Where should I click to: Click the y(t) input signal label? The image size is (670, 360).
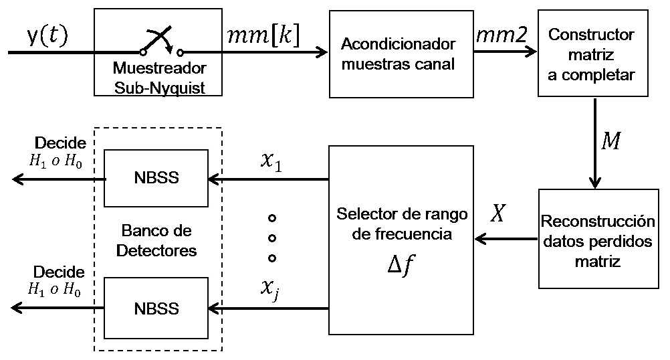pyautogui.click(x=47, y=36)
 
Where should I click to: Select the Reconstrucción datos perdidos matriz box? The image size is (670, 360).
pyautogui.click(x=597, y=239)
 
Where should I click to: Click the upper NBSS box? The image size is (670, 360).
pyautogui.click(x=156, y=179)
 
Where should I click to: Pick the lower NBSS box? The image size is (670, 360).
pyautogui.click(x=156, y=309)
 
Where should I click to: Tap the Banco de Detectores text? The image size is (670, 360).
pyautogui.click(x=156, y=241)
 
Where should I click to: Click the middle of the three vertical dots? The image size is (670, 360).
pyautogui.click(x=272, y=238)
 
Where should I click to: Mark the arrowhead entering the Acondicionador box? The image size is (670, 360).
pyautogui.click(x=322, y=52)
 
